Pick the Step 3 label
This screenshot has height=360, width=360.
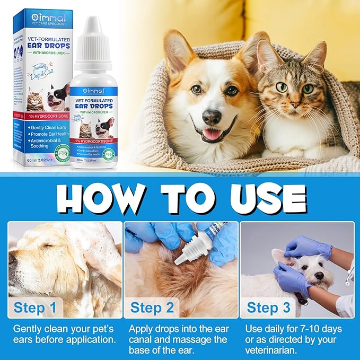[x=269, y=308]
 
